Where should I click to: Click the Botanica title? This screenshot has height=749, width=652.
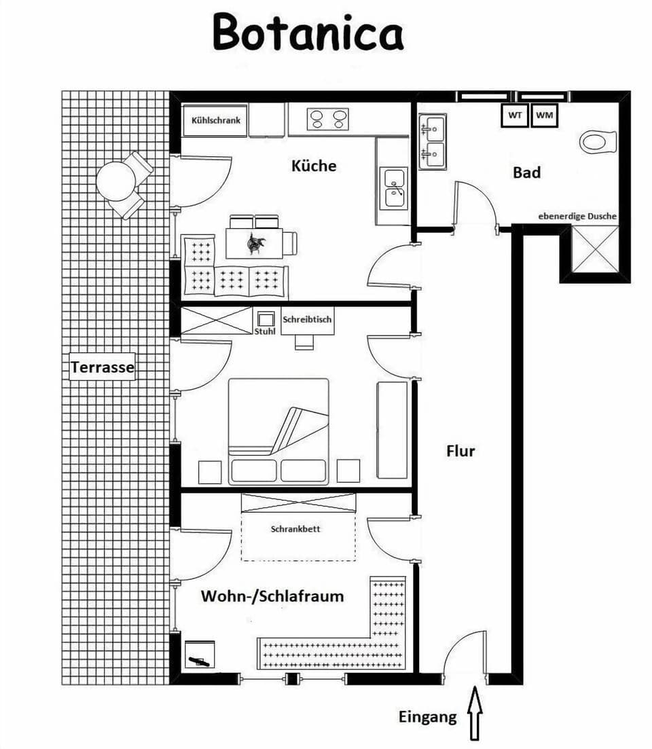point(308,33)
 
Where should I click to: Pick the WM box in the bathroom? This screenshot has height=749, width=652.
point(544,115)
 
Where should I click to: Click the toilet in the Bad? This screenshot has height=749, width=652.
point(598,143)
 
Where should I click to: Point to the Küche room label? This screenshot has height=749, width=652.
point(314,166)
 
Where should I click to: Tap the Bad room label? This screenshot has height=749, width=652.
point(526,172)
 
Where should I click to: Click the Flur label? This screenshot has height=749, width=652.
point(460,451)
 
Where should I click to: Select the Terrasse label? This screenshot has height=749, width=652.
point(103,369)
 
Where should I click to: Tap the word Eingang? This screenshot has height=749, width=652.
point(428,717)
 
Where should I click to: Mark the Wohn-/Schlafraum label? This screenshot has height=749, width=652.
point(272,596)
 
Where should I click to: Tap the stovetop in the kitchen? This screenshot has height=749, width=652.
point(327,120)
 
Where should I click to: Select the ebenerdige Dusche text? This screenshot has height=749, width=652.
point(577,216)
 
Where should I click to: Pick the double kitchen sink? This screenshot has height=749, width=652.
point(395,187)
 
